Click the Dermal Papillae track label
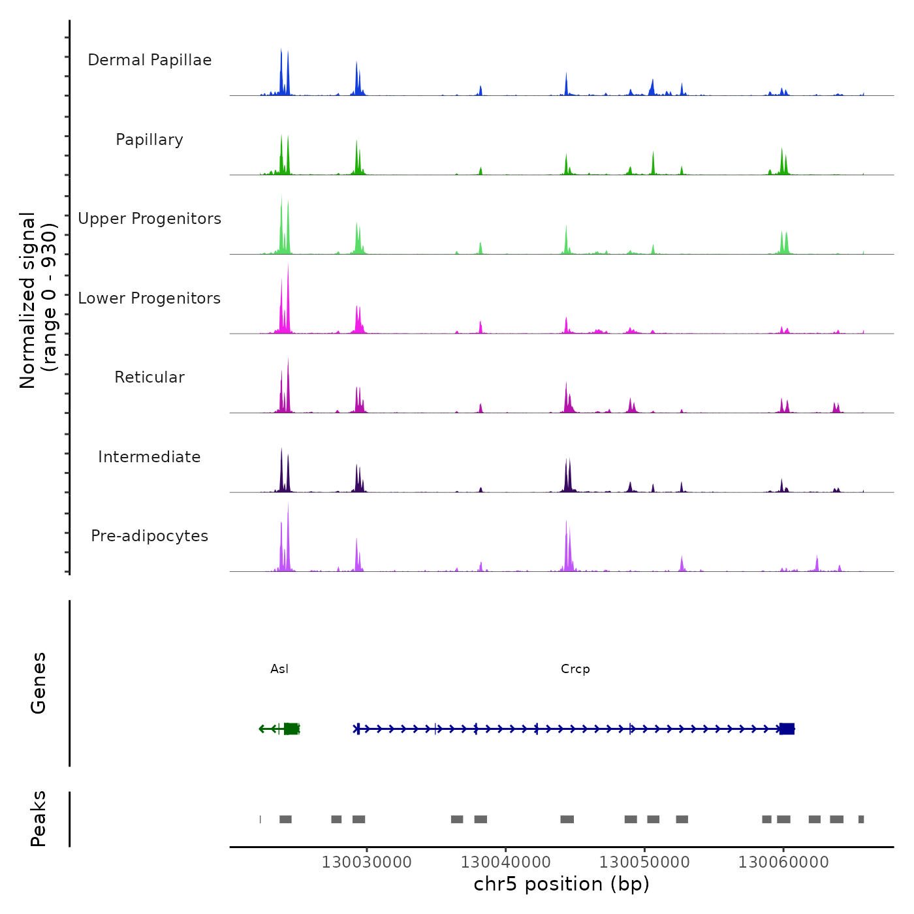[150, 60]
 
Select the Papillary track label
[150, 140]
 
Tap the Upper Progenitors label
[150, 219]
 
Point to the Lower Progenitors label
[150, 298]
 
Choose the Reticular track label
[150, 377]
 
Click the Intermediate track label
[150, 457]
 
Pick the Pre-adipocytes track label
[150, 536]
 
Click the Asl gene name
[279, 669]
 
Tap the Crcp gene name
[575, 669]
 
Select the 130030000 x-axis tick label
[366, 862]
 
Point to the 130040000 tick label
[505, 862]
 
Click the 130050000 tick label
[644, 862]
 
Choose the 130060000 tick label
[783, 862]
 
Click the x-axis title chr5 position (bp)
[561, 884]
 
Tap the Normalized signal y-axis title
[38, 300]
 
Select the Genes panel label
[39, 683]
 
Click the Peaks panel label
[39, 819]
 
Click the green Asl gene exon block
[291, 729]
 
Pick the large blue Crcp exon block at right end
[787, 729]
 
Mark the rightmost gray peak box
[861, 819]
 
